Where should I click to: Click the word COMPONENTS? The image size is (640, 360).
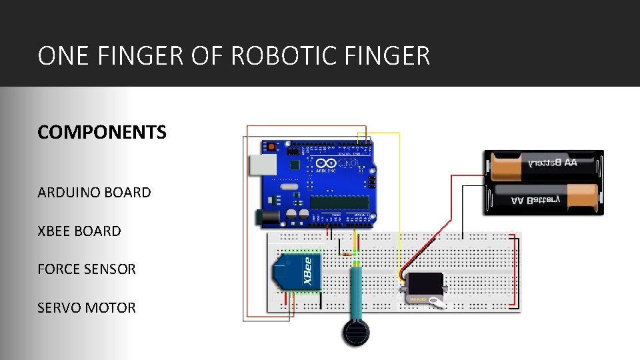(102, 132)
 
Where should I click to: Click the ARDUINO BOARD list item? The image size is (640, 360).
(94, 193)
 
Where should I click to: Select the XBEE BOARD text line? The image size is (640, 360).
(79, 231)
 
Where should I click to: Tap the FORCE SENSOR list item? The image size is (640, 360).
(87, 269)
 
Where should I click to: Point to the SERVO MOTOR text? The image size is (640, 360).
(87, 308)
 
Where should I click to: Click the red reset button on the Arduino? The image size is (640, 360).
(271, 146)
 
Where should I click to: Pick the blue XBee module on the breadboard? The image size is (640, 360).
(297, 273)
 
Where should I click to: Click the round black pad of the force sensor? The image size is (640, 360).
(356, 331)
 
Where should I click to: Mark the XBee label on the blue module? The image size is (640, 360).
(307, 272)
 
